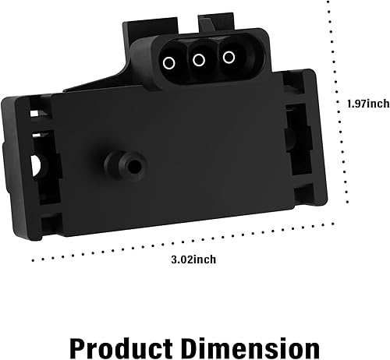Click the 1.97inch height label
coord(367,103)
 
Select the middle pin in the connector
coord(199,60)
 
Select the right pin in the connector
coord(229,57)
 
